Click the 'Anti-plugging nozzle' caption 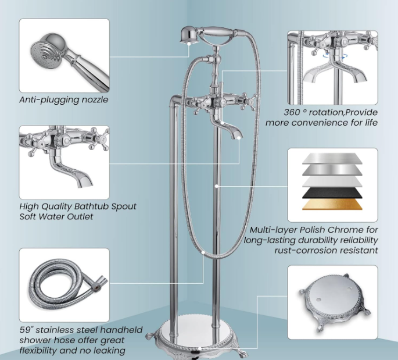pos(63,99)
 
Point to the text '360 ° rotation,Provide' pos(322,112)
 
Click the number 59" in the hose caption pos(27,330)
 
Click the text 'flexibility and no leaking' pos(72,350)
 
